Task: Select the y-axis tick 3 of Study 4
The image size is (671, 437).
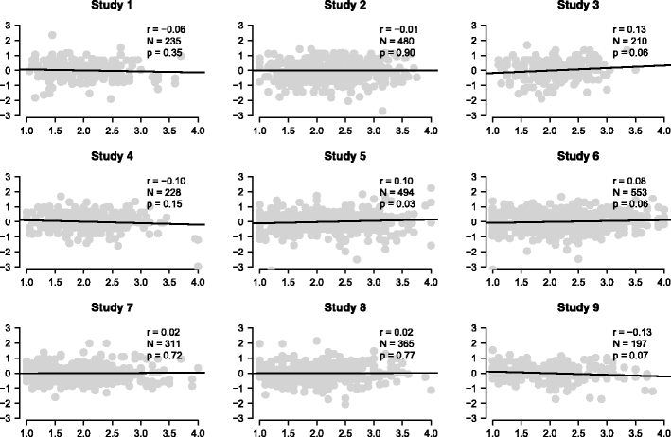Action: pos(8,177)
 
